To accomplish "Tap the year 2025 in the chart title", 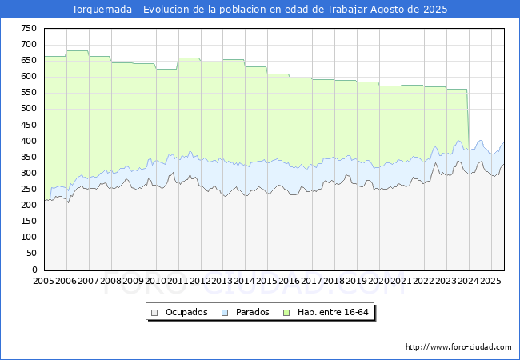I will coord(433,10).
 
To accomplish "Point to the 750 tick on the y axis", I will coord(28,28).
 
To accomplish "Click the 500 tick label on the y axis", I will coord(28,109).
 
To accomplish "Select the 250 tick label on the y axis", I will coord(28,190).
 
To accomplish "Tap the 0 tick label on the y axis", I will coord(34,270).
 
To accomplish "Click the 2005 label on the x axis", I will coord(44,282).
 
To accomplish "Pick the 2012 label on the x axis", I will coord(201,282).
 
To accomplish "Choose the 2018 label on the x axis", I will coord(334,282).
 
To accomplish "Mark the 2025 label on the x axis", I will coord(491,282).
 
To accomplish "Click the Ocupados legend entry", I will coord(185,312).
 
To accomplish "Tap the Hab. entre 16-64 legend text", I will coord(334,312).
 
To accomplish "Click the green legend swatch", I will coord(291,312).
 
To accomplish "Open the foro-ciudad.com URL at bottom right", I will coord(458,347).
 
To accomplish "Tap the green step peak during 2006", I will coord(78,51).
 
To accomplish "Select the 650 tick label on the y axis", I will coord(28,60).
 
